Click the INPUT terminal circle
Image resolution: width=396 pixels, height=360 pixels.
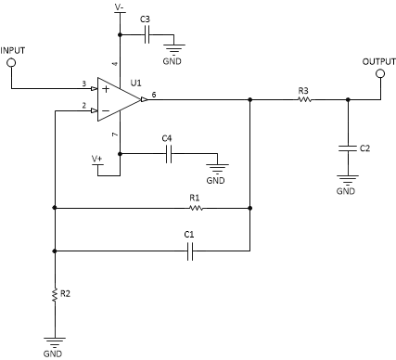(x=12, y=63)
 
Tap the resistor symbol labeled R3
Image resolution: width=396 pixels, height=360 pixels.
(x=303, y=99)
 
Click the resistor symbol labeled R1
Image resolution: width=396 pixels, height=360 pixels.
(x=194, y=208)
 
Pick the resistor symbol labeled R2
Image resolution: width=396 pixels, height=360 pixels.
(x=56, y=295)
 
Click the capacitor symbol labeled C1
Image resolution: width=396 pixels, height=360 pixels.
(x=188, y=251)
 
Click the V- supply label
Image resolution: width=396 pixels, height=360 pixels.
(x=119, y=6)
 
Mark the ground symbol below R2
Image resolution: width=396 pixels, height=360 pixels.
(x=56, y=341)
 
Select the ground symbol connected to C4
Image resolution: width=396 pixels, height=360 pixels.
(x=216, y=168)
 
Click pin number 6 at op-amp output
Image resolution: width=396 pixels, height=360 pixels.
(x=154, y=94)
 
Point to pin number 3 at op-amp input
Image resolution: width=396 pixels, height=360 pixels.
(x=84, y=84)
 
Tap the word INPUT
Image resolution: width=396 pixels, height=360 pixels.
(x=14, y=48)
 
